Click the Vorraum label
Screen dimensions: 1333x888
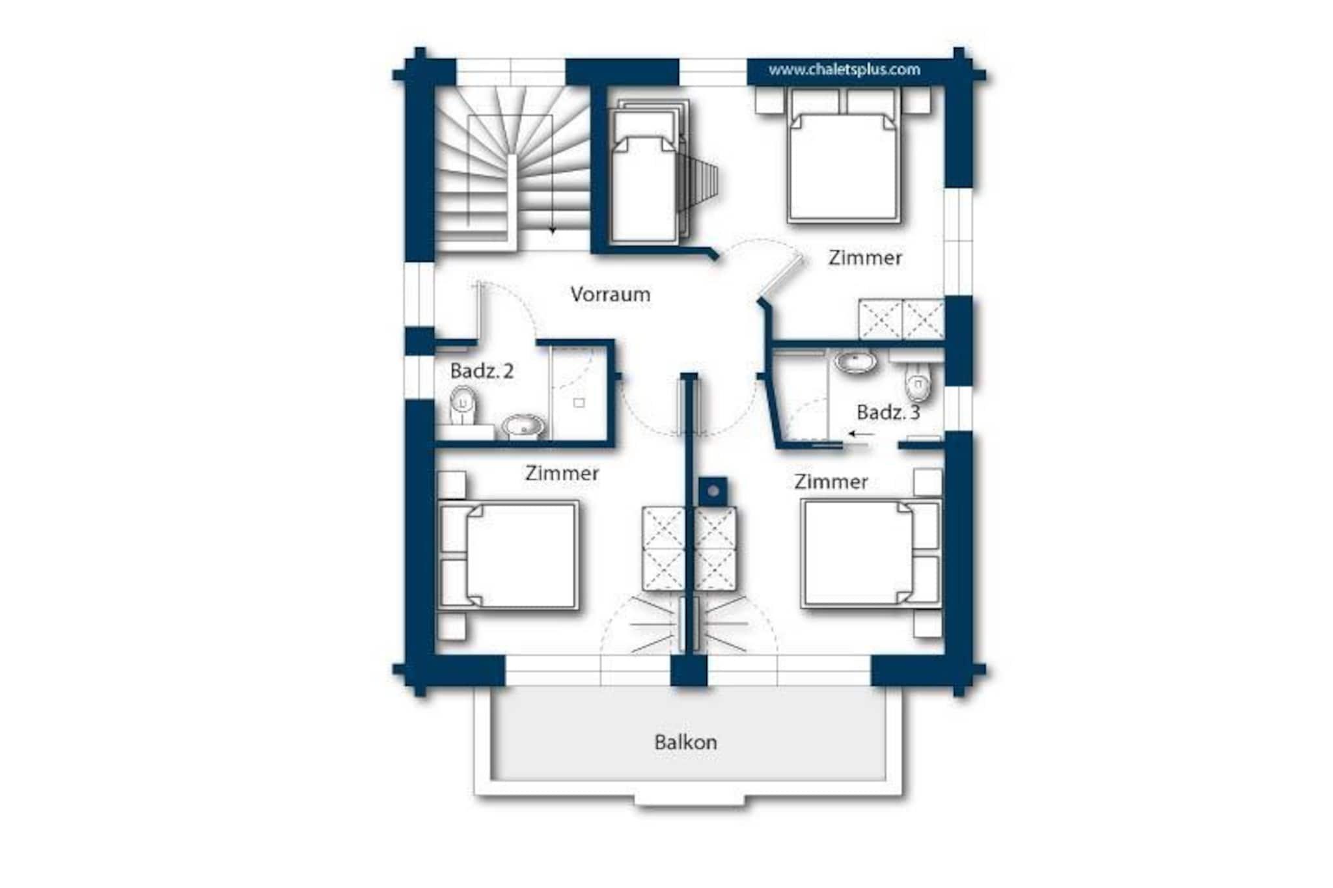coord(610,294)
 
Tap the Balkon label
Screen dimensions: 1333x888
coord(685,742)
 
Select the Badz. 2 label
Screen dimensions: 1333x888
coord(482,371)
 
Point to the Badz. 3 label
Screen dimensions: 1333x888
coord(888,412)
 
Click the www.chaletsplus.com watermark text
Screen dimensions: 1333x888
coord(844,70)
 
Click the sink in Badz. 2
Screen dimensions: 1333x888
coord(523,426)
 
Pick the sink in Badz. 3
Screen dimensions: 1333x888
coord(855,362)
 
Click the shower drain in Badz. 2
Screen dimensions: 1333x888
coord(579,403)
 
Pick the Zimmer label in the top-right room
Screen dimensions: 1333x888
coord(865,258)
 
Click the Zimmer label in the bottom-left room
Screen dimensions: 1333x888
coord(562,473)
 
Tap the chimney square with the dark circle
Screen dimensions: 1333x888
coord(713,491)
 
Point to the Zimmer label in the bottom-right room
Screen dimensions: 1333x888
coord(831,482)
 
